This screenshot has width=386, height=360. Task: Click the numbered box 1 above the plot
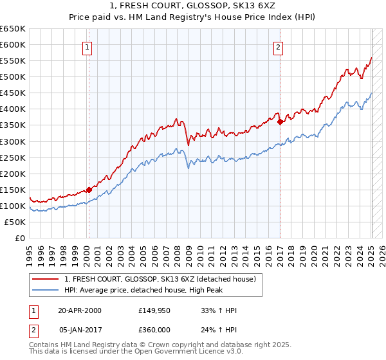(87, 46)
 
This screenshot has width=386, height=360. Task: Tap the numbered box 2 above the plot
(278, 46)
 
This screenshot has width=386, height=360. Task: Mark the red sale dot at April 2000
(89, 190)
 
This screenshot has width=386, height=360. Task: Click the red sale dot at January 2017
(280, 122)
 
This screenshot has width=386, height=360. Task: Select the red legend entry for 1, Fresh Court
(160, 279)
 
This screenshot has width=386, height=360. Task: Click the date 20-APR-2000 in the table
(80, 311)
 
